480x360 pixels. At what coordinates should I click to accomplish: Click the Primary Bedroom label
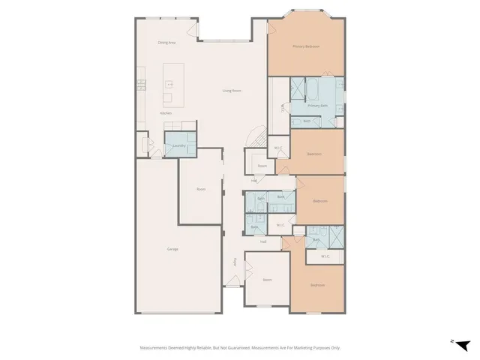tap(306, 46)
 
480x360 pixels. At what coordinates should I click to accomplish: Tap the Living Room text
tap(231, 91)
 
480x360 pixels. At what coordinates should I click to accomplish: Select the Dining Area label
tap(166, 43)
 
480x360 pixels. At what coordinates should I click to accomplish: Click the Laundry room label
tap(178, 145)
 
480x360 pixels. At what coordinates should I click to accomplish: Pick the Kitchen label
tap(166, 113)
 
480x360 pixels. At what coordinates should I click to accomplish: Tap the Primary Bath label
tap(317, 106)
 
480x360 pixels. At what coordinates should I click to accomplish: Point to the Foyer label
tap(235, 262)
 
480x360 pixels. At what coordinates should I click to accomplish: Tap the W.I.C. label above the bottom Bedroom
tap(325, 256)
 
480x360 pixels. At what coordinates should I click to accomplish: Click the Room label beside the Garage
tap(201, 189)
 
